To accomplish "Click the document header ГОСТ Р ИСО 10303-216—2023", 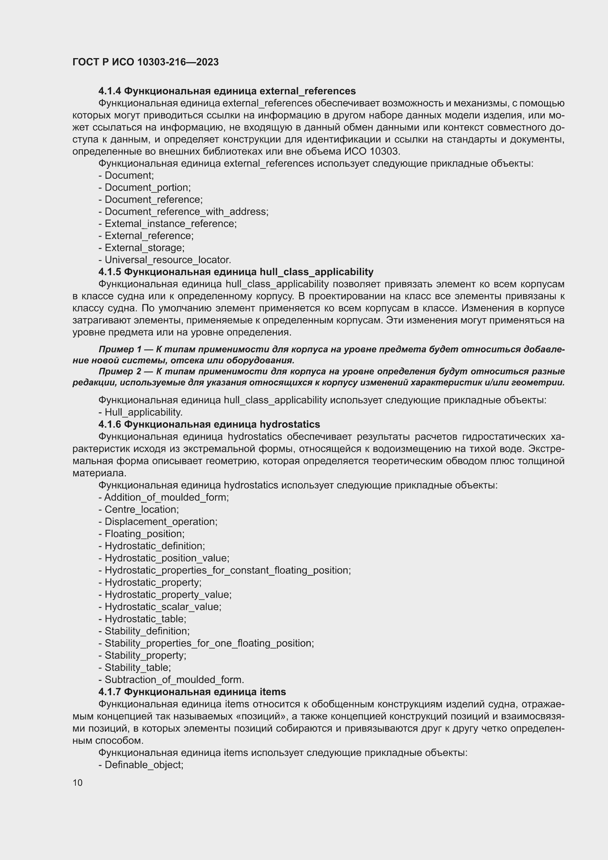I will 145,62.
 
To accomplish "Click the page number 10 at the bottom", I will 78,782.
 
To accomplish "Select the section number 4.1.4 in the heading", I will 109,91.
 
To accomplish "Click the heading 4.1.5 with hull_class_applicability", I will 236,271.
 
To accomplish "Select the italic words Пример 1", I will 120,349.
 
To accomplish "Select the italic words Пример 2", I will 120,371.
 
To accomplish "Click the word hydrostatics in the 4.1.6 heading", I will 289,424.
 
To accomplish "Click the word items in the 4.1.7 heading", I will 273,692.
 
